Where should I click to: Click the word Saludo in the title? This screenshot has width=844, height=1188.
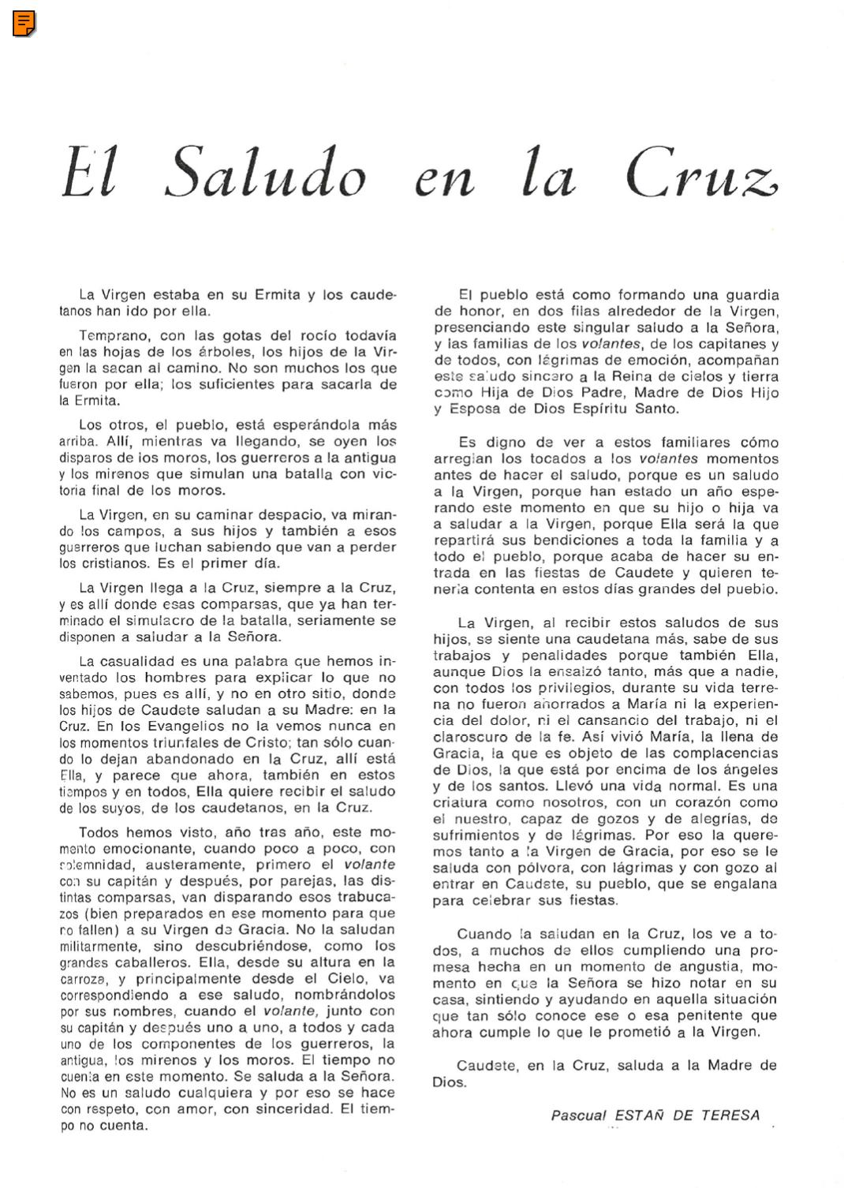[x=266, y=174]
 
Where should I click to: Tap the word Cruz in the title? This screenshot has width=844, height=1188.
[x=701, y=174]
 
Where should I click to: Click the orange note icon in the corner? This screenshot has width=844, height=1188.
[x=24, y=24]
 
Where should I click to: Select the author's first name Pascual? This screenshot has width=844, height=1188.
[x=578, y=1115]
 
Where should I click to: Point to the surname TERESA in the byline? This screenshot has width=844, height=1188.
[x=730, y=1115]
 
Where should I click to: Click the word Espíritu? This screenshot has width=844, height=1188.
[x=603, y=409]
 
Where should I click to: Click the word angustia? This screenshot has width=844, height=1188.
[x=709, y=967]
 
